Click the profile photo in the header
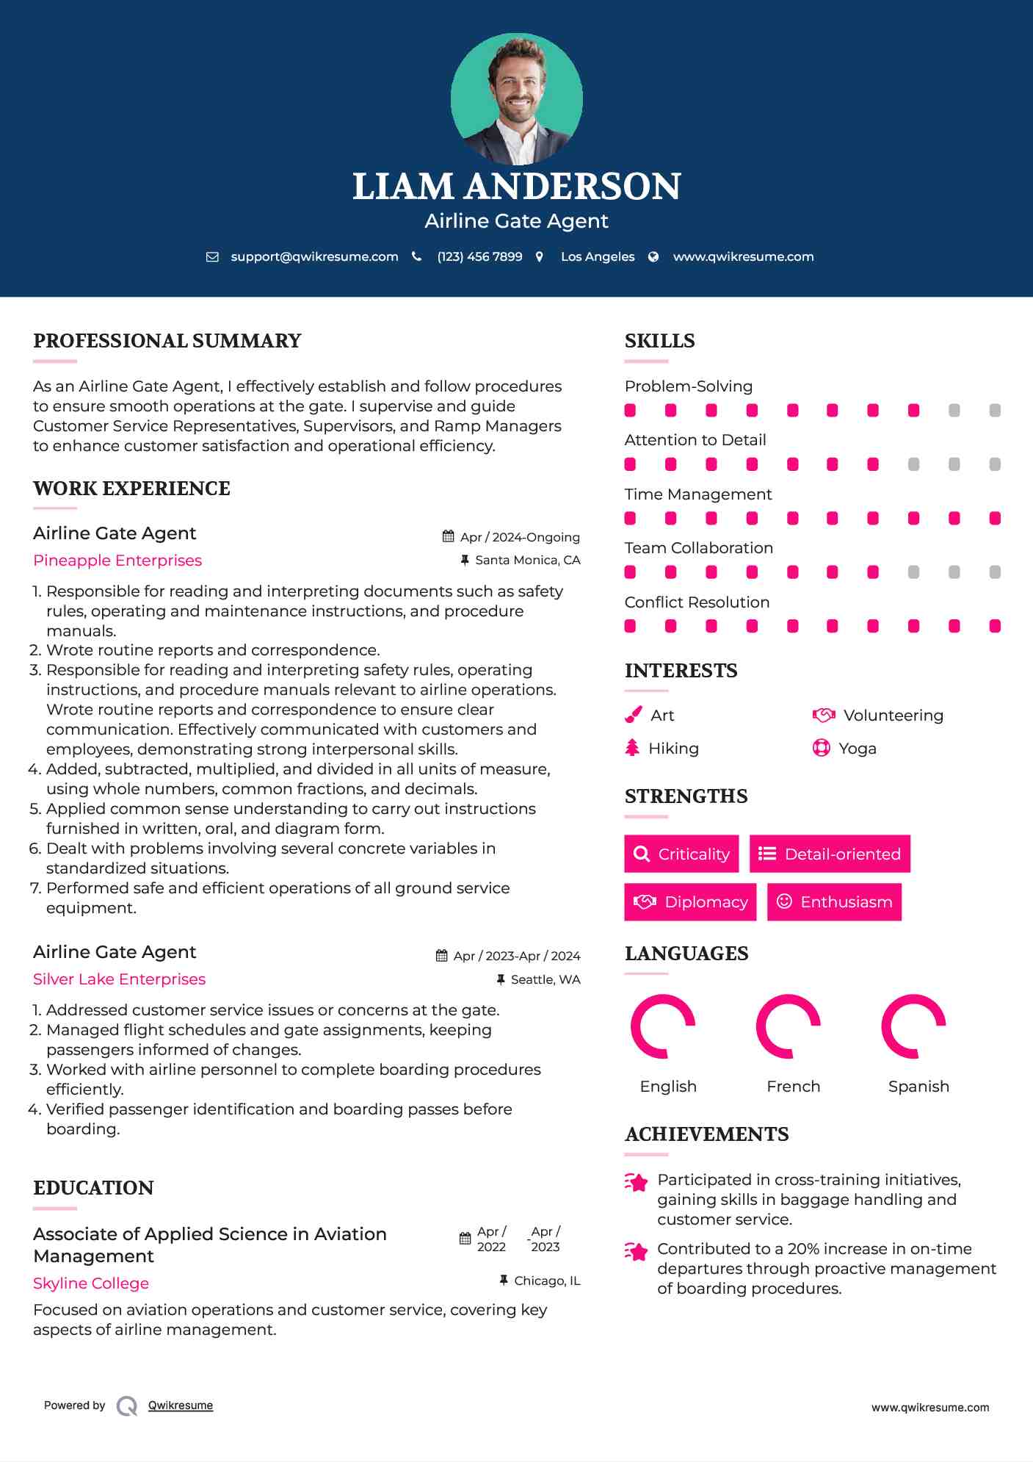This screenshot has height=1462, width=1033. click(x=516, y=98)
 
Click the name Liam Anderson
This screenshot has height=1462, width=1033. click(x=516, y=187)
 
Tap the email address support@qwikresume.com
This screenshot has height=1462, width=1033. click(x=314, y=256)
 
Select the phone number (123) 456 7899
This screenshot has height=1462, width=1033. click(x=479, y=256)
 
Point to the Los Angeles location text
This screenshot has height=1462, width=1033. click(x=598, y=256)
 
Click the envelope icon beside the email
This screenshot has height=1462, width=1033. click(x=212, y=256)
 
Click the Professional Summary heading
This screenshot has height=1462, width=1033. click(x=167, y=341)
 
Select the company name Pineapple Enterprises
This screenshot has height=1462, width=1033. click(x=117, y=561)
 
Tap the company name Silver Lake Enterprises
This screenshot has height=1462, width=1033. click(x=119, y=979)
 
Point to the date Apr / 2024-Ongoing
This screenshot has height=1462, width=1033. click(x=520, y=537)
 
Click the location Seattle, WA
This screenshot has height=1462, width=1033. click(x=546, y=979)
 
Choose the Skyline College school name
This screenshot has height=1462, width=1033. click(x=91, y=1283)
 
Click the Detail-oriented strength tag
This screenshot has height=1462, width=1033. click(x=830, y=854)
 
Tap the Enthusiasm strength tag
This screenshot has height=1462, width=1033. click(x=834, y=902)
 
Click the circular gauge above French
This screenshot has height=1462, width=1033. click(x=789, y=1026)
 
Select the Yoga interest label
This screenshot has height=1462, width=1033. click(x=858, y=749)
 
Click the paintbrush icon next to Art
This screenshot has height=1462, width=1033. click(x=633, y=715)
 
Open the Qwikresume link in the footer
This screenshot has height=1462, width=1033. click(x=181, y=1405)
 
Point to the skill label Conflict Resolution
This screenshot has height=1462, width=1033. click(x=697, y=602)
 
